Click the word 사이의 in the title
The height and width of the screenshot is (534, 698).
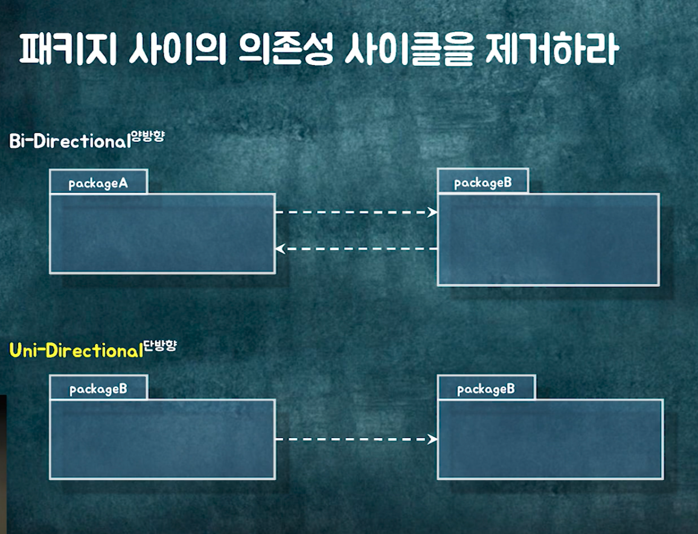point(178,50)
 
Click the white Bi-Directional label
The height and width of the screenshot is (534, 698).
point(69,141)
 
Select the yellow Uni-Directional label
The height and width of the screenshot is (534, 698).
point(75,350)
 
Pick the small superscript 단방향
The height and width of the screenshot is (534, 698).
point(160,346)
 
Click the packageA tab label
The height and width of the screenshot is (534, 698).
point(98,183)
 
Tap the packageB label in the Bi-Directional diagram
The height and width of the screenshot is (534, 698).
point(483,182)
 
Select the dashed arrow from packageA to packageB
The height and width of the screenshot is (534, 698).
point(356,212)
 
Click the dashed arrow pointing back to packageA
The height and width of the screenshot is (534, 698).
point(356,248)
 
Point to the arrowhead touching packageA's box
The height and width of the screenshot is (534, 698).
point(280,248)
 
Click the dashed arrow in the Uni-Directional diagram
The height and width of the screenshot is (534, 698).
point(356,439)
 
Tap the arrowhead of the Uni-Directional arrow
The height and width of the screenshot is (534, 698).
point(432,439)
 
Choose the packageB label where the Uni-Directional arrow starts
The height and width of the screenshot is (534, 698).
point(98,388)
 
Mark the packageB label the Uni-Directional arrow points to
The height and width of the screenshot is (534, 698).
point(486,388)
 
